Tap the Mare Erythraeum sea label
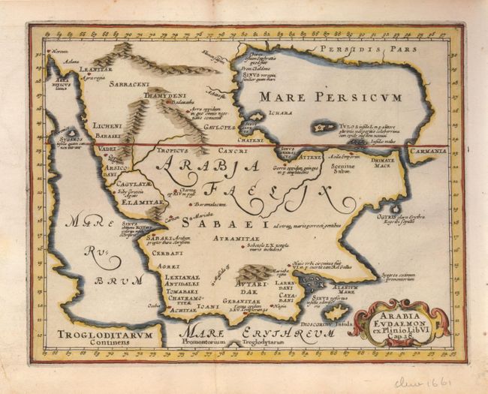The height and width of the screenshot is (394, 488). [234, 332]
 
